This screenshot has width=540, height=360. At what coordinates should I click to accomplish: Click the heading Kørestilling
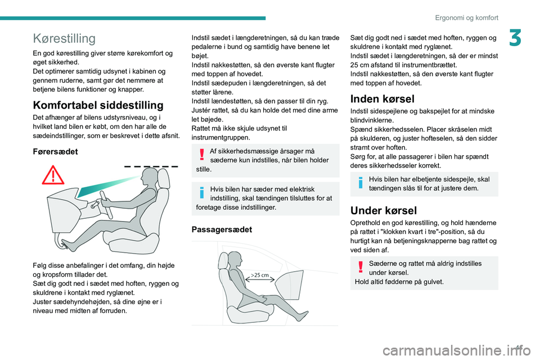coord(64,38)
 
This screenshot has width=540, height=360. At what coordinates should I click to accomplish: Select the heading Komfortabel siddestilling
coord(98,105)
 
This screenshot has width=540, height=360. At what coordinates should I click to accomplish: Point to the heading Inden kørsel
coord(382,99)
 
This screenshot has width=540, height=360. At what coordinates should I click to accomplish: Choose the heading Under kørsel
coord(384,211)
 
